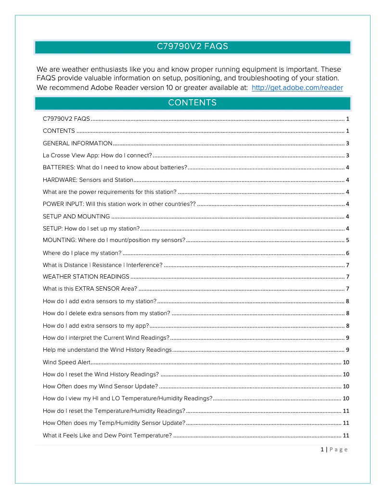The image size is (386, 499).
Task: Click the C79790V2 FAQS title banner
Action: (x=193, y=47)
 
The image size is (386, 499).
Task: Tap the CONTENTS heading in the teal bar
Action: (x=193, y=103)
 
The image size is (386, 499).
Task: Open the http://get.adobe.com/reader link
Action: (x=297, y=88)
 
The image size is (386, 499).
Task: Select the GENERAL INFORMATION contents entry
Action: (x=77, y=143)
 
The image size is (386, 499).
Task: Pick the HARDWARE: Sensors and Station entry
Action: (x=88, y=180)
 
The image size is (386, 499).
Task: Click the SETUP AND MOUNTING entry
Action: (x=76, y=217)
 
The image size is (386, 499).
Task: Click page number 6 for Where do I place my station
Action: (x=347, y=253)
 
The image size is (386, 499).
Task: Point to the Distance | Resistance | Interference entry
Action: (x=103, y=265)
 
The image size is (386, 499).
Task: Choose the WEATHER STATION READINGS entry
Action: (x=86, y=277)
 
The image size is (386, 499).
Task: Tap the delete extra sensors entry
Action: (x=106, y=313)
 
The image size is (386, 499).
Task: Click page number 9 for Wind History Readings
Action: (x=347, y=350)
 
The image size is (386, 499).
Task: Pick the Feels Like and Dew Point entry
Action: (x=107, y=435)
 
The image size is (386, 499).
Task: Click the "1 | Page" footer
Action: (x=334, y=449)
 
